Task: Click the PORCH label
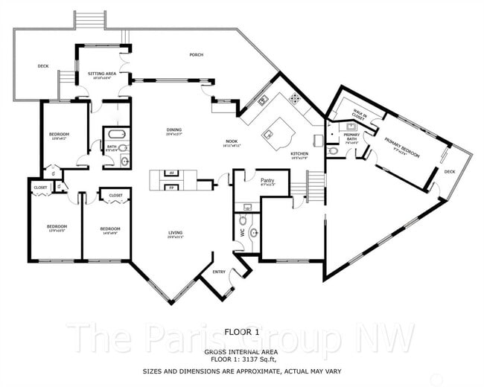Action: coord(196,55)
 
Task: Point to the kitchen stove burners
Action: coord(295,97)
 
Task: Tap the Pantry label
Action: coord(267,180)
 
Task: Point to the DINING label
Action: coord(173,131)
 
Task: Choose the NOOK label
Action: coord(232,141)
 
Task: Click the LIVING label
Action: coord(174,234)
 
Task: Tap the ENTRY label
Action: coord(219,272)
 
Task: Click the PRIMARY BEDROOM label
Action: coord(401,146)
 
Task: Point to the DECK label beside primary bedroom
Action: coord(449,171)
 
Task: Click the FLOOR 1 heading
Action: coord(241,331)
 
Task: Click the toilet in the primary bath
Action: coord(333,151)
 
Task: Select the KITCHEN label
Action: coord(299,155)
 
